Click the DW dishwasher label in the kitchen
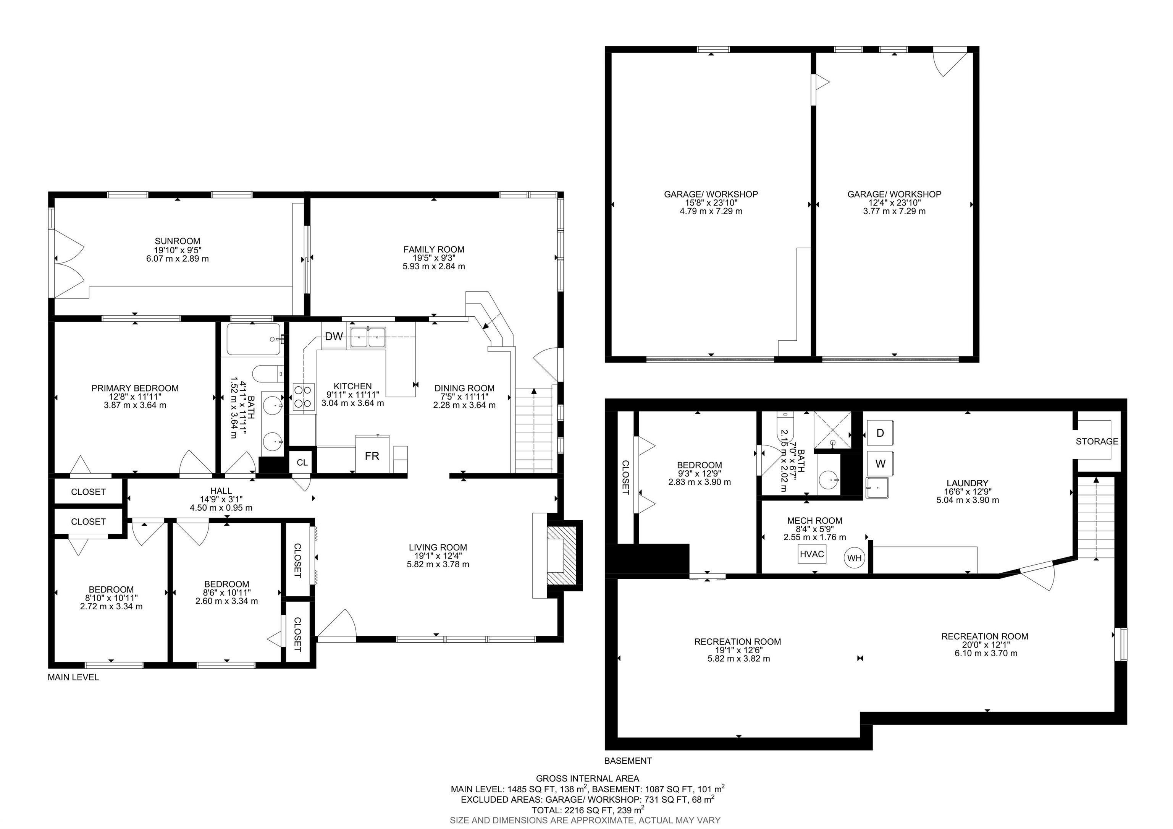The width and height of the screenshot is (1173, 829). coord(334,336)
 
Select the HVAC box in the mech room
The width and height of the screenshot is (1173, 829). coord(812,554)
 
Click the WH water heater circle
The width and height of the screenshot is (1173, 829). coord(854,558)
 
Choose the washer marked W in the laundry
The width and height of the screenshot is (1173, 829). coord(880,463)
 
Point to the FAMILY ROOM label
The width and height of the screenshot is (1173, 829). coord(434,249)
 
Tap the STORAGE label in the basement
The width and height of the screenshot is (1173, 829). coord(1097,441)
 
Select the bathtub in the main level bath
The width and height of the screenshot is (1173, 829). coord(254,339)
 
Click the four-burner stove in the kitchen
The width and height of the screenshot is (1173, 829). coord(303,398)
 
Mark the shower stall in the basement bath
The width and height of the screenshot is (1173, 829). coord(832,430)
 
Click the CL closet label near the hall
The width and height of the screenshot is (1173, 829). coord(302,463)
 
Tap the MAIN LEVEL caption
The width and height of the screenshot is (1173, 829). coord(73,677)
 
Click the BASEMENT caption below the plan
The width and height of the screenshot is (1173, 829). coord(628,761)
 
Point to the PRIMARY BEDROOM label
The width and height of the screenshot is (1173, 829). coord(135,389)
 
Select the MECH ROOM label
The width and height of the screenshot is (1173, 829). coord(815,521)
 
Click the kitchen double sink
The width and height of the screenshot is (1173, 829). coord(368,337)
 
